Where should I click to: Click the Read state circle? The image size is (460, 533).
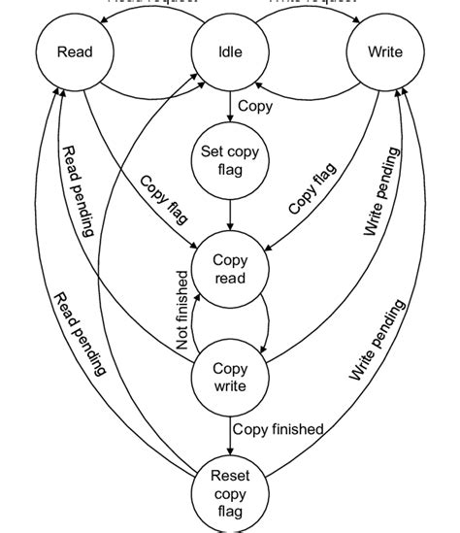point(74,51)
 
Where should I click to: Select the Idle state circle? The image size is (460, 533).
point(230,51)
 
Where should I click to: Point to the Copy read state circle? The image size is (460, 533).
point(230,269)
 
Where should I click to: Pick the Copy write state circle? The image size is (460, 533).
point(230,378)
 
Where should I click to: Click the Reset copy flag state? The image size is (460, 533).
point(230,492)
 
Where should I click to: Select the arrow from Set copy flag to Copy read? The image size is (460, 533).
point(230,213)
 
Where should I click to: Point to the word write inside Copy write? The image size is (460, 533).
point(230,386)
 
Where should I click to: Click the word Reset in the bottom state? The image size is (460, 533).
point(230,475)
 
